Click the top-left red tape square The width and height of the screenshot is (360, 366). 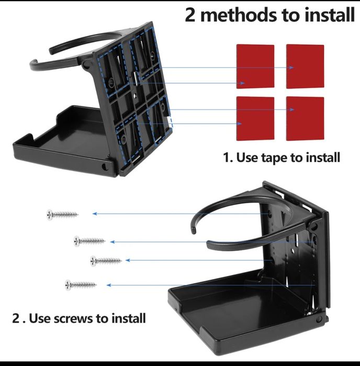point(255,66)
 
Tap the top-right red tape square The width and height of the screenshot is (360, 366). point(305,66)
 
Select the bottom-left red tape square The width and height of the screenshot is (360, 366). point(255,118)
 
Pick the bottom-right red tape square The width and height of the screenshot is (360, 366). point(305,118)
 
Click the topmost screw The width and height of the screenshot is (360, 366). point(62,215)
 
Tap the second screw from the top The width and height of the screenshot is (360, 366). point(89,241)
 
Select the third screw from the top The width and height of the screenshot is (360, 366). point(106,261)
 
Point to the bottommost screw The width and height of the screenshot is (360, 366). point(81,285)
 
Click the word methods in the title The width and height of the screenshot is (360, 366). point(239,15)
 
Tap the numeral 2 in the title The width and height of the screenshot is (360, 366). point(190,15)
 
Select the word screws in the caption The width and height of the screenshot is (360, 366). point(73,318)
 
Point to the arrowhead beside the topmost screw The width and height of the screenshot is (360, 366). point(95,214)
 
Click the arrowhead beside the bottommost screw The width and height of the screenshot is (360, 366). point(109,285)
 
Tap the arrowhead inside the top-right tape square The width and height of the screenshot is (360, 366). point(291,68)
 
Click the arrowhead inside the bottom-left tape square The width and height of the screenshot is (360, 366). point(239,124)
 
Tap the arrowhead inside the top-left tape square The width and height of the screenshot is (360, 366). point(242,83)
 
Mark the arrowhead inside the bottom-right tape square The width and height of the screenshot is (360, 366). point(291,109)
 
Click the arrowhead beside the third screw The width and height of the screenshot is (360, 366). point(128,260)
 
